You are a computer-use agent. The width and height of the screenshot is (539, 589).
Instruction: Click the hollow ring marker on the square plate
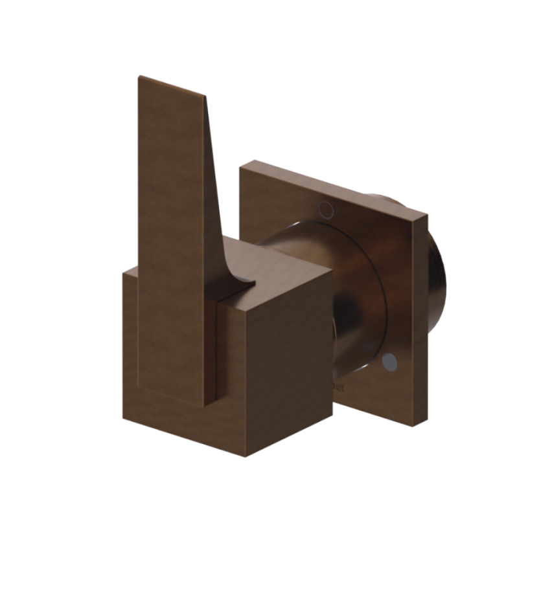click(326, 208)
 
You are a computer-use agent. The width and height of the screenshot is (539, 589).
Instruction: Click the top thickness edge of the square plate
click(337, 188)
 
